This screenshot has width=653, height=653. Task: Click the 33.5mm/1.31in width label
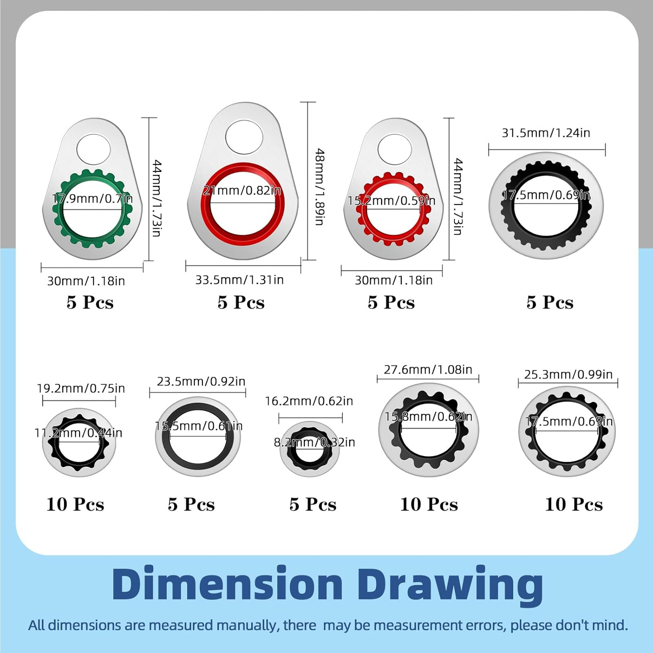[239, 279]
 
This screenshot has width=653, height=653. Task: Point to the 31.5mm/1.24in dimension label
[546, 133]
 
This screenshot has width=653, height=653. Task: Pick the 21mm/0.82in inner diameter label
[242, 190]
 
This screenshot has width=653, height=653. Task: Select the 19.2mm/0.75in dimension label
[81, 388]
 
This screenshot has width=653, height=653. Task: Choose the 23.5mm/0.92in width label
[201, 381]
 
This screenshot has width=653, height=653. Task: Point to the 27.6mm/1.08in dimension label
[428, 370]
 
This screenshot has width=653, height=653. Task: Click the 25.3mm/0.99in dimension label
[568, 374]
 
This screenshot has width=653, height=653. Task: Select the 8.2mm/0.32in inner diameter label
[314, 442]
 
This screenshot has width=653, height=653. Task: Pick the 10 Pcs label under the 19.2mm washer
[75, 504]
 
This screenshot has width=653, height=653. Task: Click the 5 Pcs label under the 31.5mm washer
[550, 302]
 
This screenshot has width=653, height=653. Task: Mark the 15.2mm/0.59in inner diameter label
[391, 201]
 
